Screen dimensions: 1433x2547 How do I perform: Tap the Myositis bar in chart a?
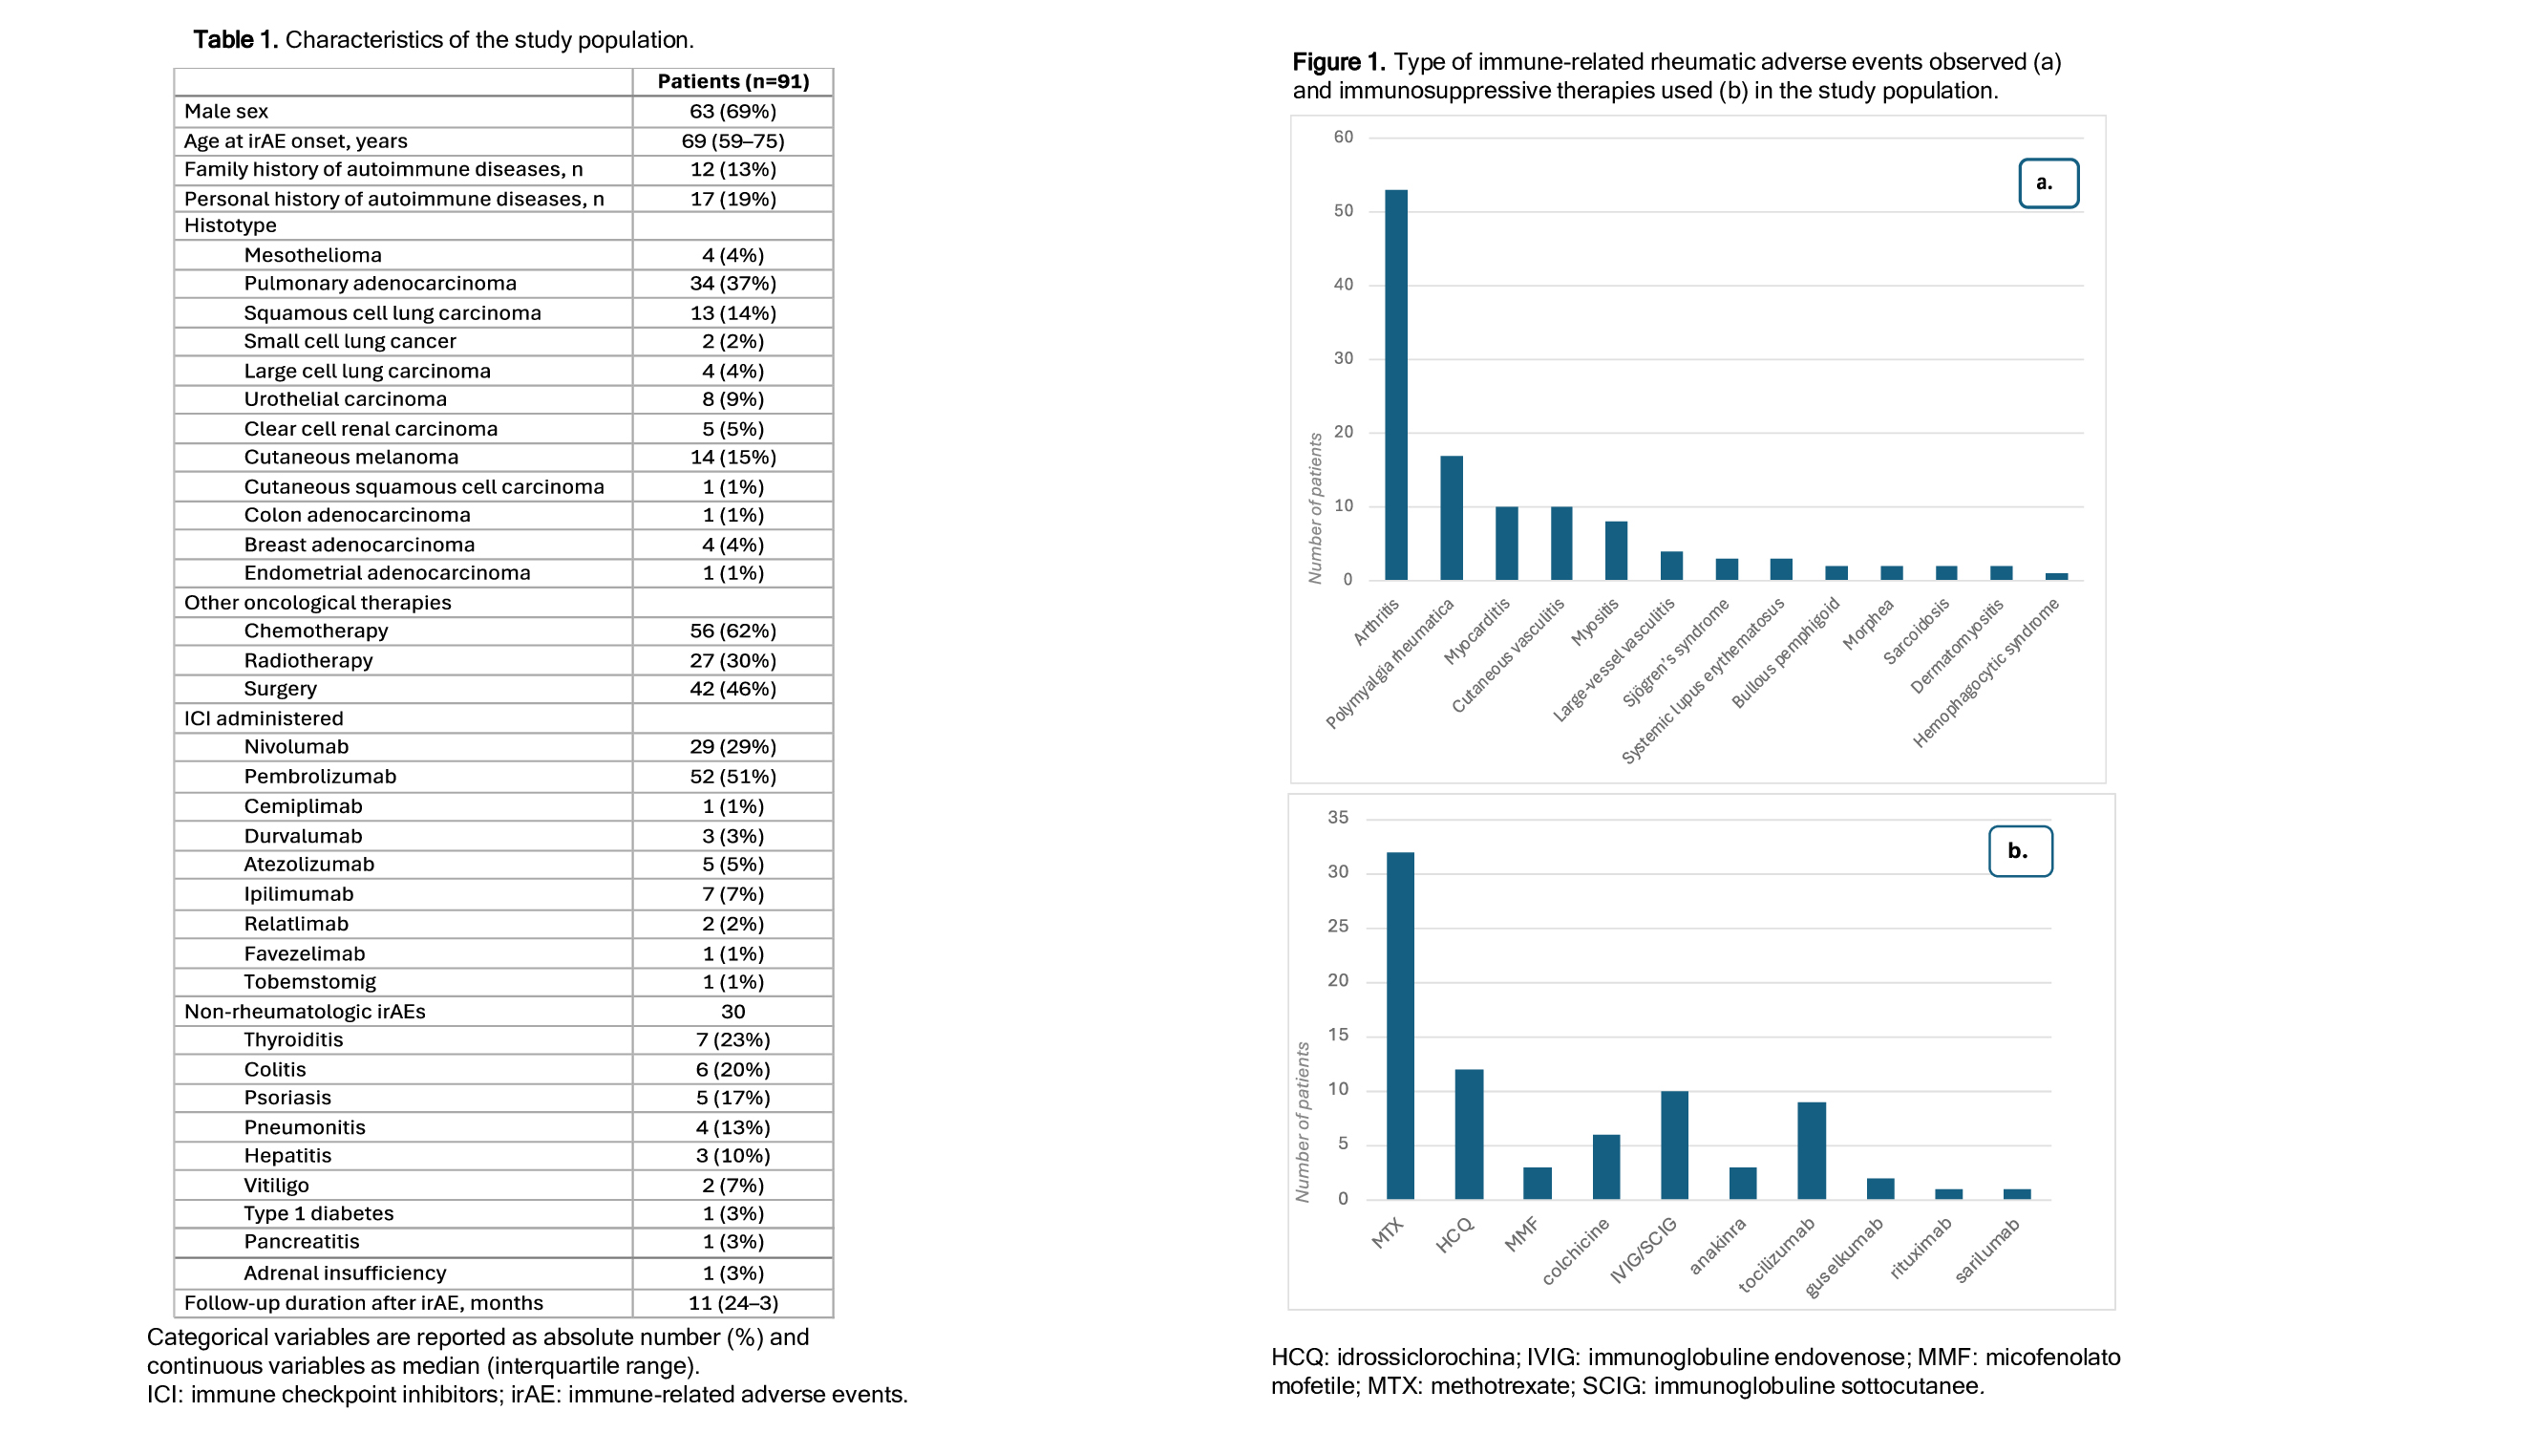pyautogui.click(x=1616, y=550)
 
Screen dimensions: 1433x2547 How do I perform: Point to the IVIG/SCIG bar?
pyautogui.click(x=1674, y=1145)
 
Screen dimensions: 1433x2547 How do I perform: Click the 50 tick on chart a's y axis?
pyautogui.click(x=1343, y=210)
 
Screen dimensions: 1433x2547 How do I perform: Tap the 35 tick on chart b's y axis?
pyautogui.click(x=1337, y=818)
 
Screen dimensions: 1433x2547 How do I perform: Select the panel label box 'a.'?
pyautogui.click(x=2048, y=183)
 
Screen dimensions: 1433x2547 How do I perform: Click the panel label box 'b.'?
pyautogui.click(x=2019, y=850)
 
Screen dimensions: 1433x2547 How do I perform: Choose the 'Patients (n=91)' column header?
pyautogui.click(x=732, y=82)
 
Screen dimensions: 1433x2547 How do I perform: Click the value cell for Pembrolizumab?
pyautogui.click(x=732, y=777)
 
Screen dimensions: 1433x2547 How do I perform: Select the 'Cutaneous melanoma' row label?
pyautogui.click(x=351, y=457)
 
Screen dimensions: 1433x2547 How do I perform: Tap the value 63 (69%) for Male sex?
pyautogui.click(x=732, y=111)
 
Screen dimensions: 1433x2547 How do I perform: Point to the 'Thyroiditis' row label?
pyautogui.click(x=293, y=1039)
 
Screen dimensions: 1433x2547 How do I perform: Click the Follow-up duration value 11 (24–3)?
pyautogui.click(x=732, y=1302)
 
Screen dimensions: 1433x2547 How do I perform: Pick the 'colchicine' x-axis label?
pyautogui.click(x=1575, y=1251)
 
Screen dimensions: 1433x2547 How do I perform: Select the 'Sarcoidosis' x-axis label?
pyautogui.click(x=1916, y=631)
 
